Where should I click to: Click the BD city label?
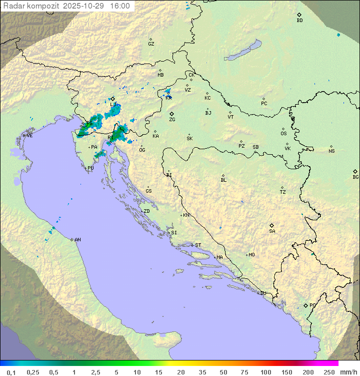click(299, 21)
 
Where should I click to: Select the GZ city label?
click(151, 44)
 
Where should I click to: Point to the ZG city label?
click(172, 120)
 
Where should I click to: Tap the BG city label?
click(355, 177)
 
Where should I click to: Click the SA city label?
click(272, 231)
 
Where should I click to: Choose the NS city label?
click(331, 151)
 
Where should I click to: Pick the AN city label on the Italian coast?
click(77, 240)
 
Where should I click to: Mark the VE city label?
click(29, 136)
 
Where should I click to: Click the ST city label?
click(198, 245)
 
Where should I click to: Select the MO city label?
click(251, 255)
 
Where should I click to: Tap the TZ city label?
click(283, 192)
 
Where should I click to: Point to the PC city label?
click(264, 104)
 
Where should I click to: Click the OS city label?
click(283, 134)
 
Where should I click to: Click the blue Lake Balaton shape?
click(242, 51)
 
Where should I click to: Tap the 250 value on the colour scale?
click(329, 372)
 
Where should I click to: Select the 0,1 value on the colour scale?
click(11, 372)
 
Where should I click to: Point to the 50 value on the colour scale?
click(223, 372)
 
